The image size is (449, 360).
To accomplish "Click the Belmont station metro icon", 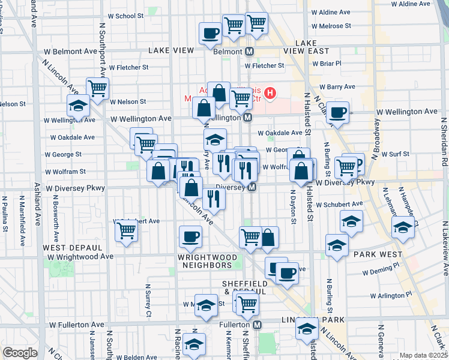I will click(249, 52).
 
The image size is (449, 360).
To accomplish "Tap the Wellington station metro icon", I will click(247, 118).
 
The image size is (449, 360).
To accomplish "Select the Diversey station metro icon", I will click(252, 187).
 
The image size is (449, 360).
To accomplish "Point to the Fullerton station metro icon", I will click(257, 325).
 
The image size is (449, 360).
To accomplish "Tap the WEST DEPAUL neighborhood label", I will click(66, 247).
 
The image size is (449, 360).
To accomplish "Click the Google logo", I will click(20, 353).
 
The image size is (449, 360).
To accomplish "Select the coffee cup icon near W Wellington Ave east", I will click(339, 112).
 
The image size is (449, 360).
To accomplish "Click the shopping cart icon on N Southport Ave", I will click(97, 88).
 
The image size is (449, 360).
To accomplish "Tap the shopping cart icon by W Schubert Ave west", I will click(126, 230).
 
